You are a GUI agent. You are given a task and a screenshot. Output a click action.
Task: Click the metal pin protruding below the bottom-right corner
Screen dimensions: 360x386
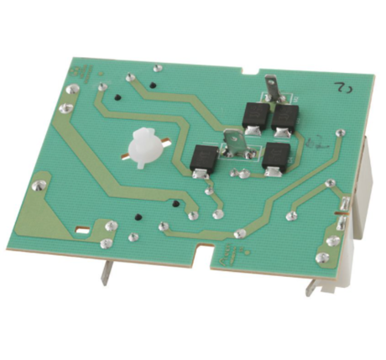(x=312, y=286)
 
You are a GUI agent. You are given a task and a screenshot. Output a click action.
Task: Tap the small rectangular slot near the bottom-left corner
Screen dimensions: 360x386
(x=82, y=228)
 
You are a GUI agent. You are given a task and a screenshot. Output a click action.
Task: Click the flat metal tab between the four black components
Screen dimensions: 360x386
(x=238, y=145)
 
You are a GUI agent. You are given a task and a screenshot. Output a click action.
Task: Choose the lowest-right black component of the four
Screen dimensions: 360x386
(x=274, y=157)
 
